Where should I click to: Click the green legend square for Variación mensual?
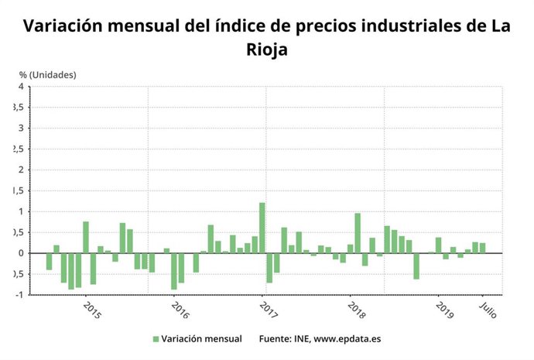coord(155,339)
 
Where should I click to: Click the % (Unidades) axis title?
coord(48,74)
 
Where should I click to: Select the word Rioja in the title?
coord(266,50)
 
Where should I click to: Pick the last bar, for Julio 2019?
coord(483,248)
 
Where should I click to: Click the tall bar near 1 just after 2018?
coord(358,233)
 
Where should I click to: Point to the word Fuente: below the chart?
coord(275,339)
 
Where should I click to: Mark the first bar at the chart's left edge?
coord(49,262)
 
